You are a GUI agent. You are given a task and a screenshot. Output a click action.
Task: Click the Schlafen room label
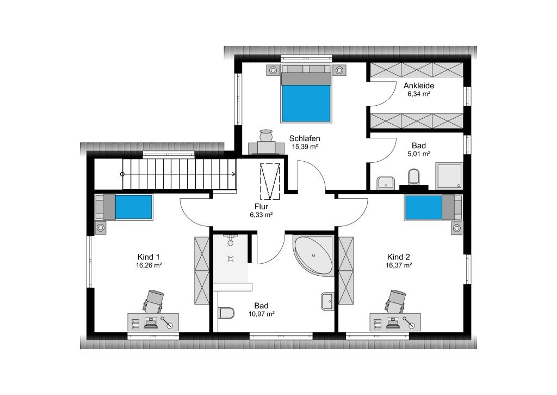(305, 138)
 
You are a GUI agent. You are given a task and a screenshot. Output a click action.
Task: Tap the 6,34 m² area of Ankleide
(419, 94)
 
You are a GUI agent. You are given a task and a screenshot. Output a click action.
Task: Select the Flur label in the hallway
(261, 206)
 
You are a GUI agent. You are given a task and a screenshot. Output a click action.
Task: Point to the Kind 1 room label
(148, 257)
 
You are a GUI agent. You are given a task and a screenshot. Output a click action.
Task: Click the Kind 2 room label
(399, 257)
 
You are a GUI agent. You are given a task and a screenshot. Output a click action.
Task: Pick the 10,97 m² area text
(261, 314)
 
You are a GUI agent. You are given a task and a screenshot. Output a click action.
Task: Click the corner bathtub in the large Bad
(313, 255)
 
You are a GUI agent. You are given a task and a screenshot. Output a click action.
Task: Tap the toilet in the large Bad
(226, 313)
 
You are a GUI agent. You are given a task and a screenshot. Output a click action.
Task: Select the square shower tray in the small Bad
(449, 176)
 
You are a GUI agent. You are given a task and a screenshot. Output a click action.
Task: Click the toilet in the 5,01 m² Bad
(414, 177)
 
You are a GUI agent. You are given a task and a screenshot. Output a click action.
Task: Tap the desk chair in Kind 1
(153, 301)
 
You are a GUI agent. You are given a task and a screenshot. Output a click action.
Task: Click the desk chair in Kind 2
(396, 301)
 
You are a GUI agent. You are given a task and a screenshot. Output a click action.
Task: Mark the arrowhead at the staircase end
(233, 174)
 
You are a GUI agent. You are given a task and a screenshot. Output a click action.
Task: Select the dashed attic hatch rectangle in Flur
(270, 181)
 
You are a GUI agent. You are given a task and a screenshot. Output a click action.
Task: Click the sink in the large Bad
(327, 301)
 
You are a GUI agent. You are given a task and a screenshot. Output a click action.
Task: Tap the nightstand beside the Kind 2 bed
(457, 228)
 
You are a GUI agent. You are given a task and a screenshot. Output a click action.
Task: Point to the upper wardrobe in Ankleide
(417, 70)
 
